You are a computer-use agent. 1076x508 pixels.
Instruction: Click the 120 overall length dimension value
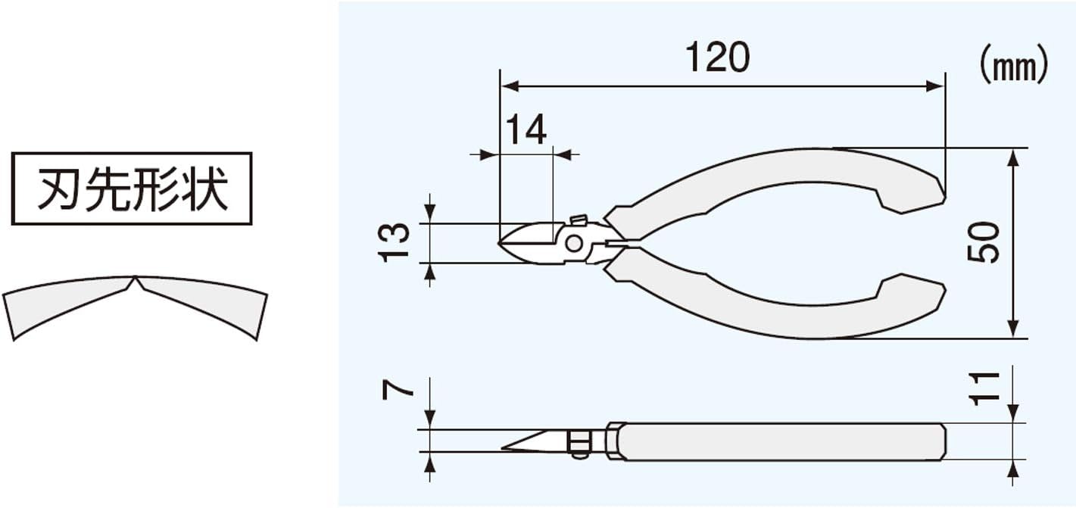pyautogui.click(x=718, y=57)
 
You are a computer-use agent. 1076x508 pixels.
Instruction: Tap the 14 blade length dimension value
pyautogui.click(x=526, y=129)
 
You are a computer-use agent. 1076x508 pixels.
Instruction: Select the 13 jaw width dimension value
pyautogui.click(x=395, y=242)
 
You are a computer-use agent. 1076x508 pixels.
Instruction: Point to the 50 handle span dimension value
pyautogui.click(x=983, y=242)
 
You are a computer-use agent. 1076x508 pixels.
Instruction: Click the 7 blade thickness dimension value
pyautogui.click(x=398, y=389)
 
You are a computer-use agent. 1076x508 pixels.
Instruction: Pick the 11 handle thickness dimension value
pyautogui.click(x=984, y=389)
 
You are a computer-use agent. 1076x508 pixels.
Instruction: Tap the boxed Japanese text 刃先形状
pyautogui.click(x=132, y=189)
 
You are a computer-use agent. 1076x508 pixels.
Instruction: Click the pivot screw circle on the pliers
pyautogui.click(x=574, y=244)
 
